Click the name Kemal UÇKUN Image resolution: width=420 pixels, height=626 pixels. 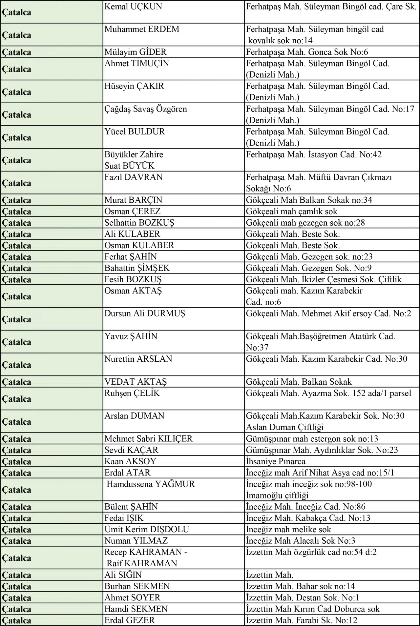(133, 7)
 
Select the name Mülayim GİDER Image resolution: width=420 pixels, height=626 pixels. (136, 52)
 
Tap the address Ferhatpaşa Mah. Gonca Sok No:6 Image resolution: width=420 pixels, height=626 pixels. (307, 52)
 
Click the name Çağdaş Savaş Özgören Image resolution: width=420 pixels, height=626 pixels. (146, 109)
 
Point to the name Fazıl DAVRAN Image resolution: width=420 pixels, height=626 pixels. (134, 177)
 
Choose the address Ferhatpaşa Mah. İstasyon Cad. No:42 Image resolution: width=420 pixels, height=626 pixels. (314, 154)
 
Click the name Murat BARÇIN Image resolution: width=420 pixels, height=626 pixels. (133, 200)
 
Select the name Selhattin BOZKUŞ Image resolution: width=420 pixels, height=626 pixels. (139, 223)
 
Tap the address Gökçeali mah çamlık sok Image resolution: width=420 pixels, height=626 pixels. (292, 212)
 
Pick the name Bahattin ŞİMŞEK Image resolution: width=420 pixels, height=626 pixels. (137, 268)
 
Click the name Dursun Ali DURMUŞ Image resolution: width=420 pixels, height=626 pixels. (145, 313)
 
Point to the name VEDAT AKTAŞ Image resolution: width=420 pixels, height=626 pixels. (136, 382)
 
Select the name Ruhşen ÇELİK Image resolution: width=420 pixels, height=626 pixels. (132, 393)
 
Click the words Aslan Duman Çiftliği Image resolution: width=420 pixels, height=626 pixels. (285, 427)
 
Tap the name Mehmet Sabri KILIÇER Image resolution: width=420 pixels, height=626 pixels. (148, 439)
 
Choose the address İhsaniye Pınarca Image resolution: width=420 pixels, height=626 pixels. (276, 461)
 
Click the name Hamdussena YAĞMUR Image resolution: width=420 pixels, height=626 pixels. (151, 484)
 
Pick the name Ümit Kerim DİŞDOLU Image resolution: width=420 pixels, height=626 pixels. (147, 530)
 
